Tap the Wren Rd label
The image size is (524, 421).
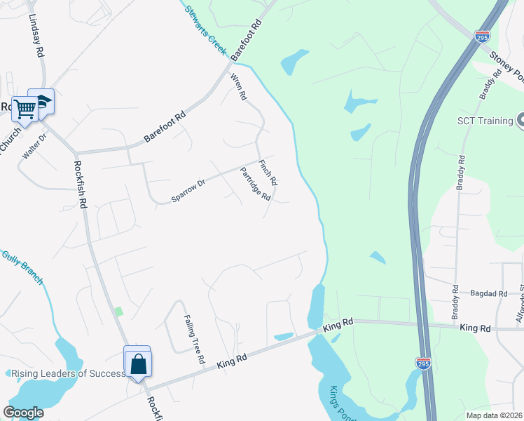click(239, 86)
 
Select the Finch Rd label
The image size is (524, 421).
click(268, 173)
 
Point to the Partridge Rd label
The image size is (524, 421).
click(255, 184)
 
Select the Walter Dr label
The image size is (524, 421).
click(33, 145)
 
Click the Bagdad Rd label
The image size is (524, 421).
click(488, 294)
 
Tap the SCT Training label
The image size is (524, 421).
click(485, 121)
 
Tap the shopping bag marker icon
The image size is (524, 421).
click(138, 363)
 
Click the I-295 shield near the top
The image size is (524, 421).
click(481, 36)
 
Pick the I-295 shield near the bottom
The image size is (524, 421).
click(422, 364)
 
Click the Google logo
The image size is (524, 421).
click(24, 413)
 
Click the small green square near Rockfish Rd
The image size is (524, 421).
click(118, 311)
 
